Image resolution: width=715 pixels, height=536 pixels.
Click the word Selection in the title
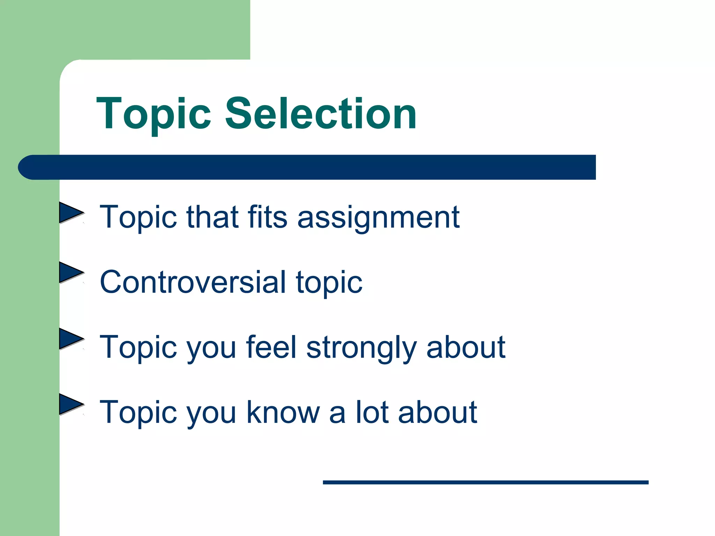321,114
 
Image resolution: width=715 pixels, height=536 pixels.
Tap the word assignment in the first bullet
378,218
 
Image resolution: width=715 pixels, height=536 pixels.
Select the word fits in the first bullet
267,217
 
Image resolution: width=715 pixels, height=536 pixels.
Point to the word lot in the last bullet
372,412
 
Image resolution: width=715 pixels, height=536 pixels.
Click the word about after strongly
466,347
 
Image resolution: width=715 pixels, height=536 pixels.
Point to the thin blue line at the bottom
485,482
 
